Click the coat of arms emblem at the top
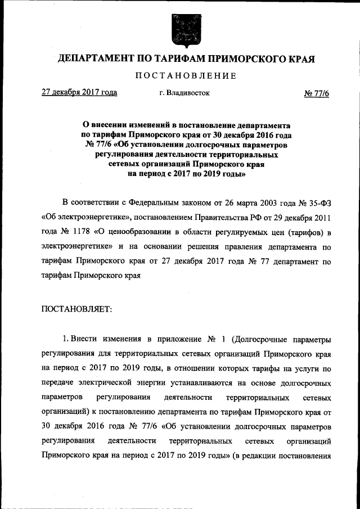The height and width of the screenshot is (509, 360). (179, 29)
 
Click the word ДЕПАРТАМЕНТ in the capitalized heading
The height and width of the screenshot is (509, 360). (95, 59)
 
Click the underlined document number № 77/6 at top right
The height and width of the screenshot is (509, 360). (317, 93)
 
